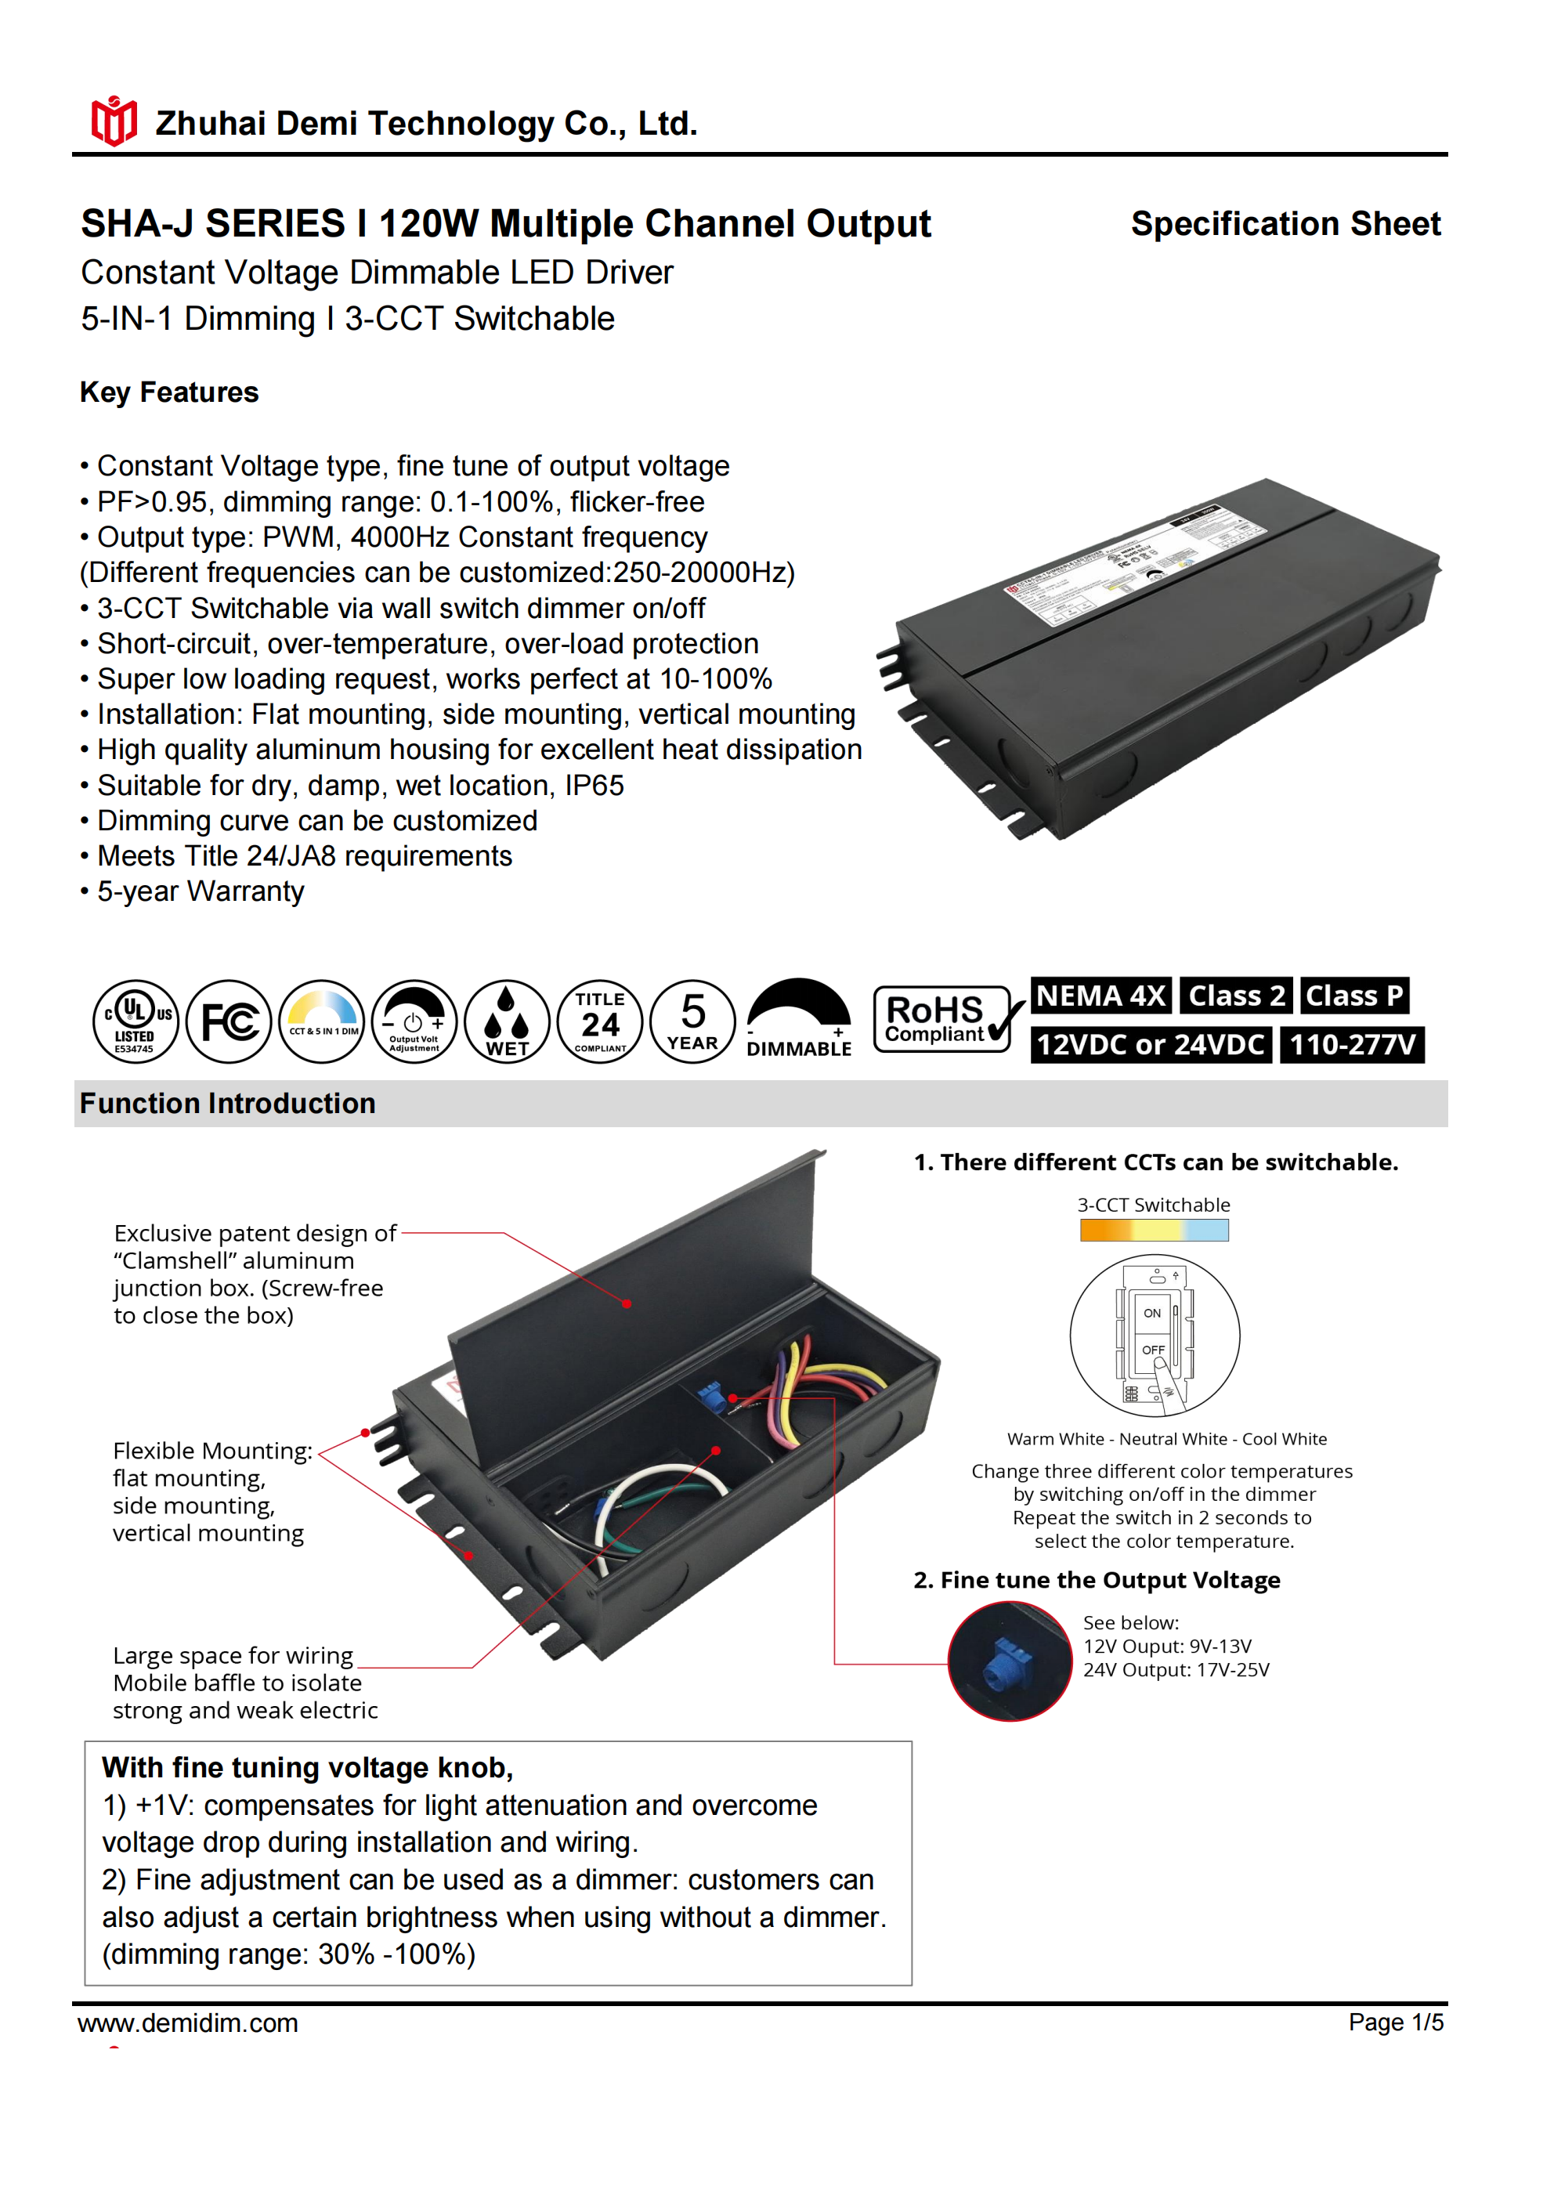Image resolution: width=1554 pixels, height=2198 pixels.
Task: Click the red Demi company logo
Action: coord(114,121)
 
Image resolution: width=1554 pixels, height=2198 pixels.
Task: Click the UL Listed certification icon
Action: coord(135,1021)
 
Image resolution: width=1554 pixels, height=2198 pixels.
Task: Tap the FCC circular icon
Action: coord(229,1021)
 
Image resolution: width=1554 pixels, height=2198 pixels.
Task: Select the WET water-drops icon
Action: coord(507,1021)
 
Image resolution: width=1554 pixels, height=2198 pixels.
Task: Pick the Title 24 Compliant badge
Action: coord(600,1021)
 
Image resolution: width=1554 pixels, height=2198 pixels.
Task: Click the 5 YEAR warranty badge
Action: coord(692,1021)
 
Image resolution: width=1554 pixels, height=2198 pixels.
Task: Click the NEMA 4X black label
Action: coord(1101,996)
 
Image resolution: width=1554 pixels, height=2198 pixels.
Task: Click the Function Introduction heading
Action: coord(228,1104)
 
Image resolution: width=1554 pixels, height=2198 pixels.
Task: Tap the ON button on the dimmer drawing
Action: coord(1152,1314)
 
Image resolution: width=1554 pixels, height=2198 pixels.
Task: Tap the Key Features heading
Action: coord(169,392)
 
